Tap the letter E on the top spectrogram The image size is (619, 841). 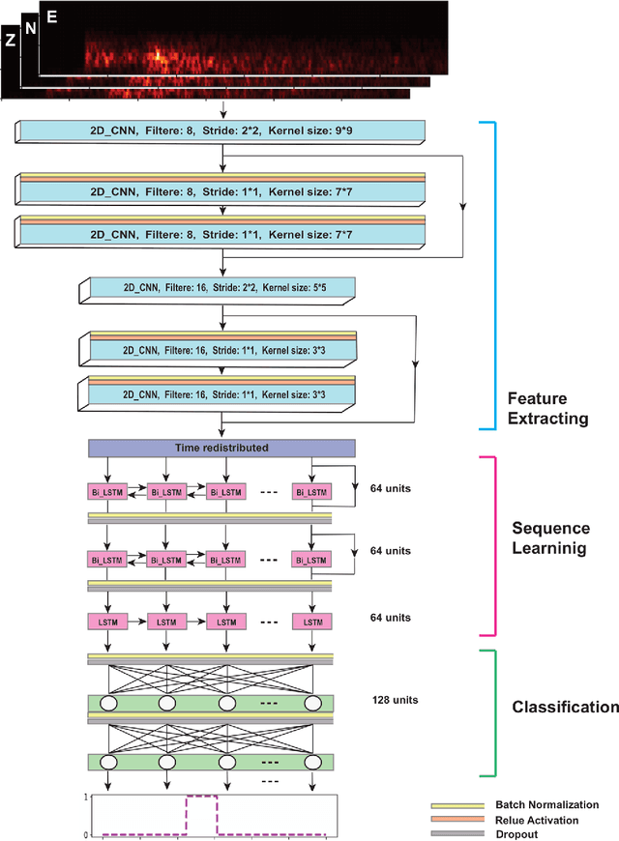(x=50, y=16)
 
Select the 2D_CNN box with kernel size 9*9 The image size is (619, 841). (x=221, y=131)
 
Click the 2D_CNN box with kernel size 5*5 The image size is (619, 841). (x=221, y=287)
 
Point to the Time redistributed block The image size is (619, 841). (x=222, y=449)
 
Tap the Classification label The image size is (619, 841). (x=565, y=707)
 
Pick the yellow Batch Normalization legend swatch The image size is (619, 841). (x=457, y=804)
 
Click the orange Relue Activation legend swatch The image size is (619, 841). (x=457, y=819)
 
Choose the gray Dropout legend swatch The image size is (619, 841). (x=457, y=833)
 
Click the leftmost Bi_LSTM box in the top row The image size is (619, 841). (x=107, y=493)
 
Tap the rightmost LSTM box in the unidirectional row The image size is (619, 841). (x=311, y=622)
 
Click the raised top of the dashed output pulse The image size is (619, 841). (x=201, y=797)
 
